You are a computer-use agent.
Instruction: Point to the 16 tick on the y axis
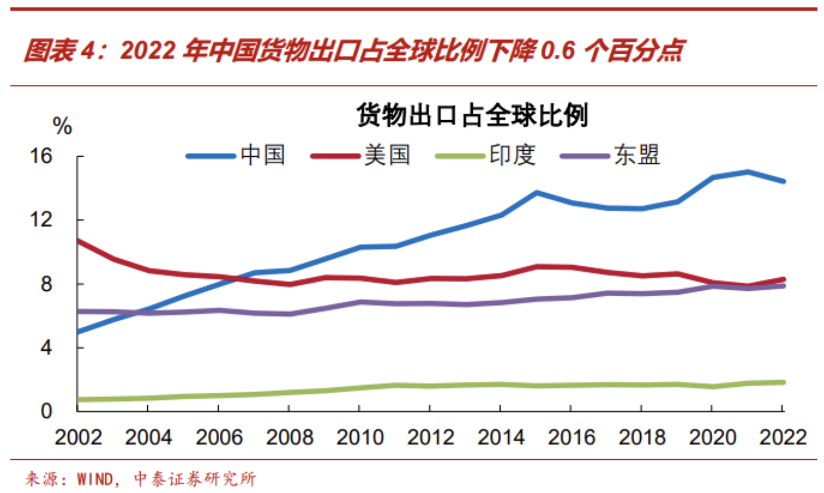click(40, 156)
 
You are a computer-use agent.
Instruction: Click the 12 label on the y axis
click(40, 220)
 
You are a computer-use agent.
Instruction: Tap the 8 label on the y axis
click(46, 284)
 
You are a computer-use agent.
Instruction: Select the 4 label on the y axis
click(46, 348)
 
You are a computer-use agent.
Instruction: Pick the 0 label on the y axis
click(46, 411)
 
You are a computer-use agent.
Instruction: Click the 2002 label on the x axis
click(78, 438)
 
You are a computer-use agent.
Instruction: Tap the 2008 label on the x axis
click(289, 438)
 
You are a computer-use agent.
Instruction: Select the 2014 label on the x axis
click(501, 438)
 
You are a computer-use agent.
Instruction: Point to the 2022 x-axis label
click(782, 438)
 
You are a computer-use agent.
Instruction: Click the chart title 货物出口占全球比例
click(472, 116)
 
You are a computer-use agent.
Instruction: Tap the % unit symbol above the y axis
click(62, 126)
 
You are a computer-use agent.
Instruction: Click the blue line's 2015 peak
click(536, 193)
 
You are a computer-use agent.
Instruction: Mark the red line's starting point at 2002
click(78, 240)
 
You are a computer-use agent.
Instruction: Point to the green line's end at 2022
click(782, 382)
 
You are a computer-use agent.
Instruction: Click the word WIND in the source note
click(95, 479)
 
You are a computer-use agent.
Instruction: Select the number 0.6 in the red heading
click(558, 51)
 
